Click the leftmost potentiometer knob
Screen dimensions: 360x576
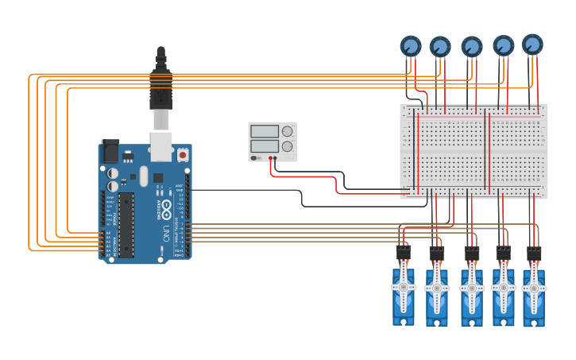coord(410,45)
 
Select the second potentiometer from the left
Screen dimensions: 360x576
coord(440,46)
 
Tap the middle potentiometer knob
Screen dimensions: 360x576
coord(472,47)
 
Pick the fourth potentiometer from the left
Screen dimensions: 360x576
coord(503,45)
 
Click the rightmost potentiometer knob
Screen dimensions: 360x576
coord(532,44)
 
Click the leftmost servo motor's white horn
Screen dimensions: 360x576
coord(404,286)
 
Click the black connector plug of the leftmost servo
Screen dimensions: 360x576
coord(404,253)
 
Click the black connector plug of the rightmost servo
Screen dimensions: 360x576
coord(534,254)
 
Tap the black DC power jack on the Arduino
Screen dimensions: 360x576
coord(110,150)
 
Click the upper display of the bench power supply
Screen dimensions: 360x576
coord(264,131)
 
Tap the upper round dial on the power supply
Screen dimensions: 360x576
coord(287,131)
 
